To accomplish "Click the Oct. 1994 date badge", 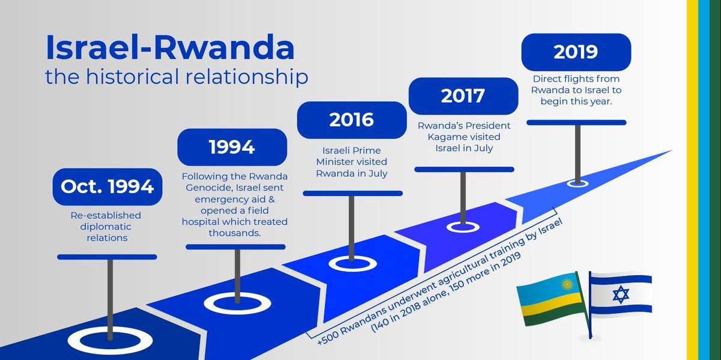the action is coord(108,187).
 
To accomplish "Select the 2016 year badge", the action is coord(351,120).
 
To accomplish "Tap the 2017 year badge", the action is coord(463,96).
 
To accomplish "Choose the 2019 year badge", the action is coord(576,52).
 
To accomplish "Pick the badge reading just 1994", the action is coord(232,147).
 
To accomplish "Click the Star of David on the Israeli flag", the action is coord(621,294).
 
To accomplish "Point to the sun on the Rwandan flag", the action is coord(567,285).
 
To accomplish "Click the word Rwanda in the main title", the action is coord(224,47).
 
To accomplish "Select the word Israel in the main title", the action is coord(92,47).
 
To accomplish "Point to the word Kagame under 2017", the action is coord(448,137).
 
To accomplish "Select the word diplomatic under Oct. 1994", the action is coord(106,227).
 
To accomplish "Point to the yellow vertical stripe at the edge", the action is coord(692,180).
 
